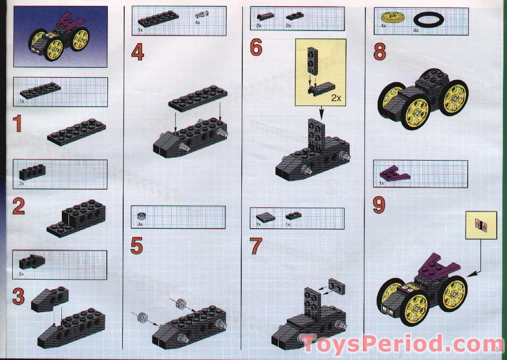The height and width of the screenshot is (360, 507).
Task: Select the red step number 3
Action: point(19,297)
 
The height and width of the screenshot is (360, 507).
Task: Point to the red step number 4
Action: point(137,53)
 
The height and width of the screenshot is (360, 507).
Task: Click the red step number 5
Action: point(137,246)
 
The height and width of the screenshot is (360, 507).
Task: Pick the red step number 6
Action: point(256,48)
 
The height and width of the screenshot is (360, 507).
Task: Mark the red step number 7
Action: point(256,246)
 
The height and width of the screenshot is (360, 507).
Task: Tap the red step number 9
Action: point(379,206)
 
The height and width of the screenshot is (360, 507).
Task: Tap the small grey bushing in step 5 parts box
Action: point(141,216)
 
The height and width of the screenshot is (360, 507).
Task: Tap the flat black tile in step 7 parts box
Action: point(266,216)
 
